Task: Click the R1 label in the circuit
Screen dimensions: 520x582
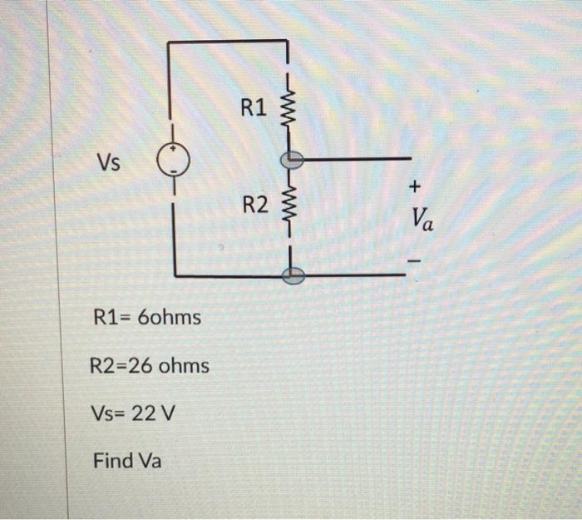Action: (253, 107)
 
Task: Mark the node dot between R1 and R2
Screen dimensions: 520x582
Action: (290, 158)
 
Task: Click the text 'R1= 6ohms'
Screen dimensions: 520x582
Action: (147, 317)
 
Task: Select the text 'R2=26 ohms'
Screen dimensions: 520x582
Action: (149, 365)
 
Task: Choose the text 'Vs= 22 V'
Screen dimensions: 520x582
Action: (131, 414)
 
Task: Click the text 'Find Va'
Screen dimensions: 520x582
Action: (126, 460)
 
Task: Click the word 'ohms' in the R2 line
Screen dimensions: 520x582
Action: (184, 365)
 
